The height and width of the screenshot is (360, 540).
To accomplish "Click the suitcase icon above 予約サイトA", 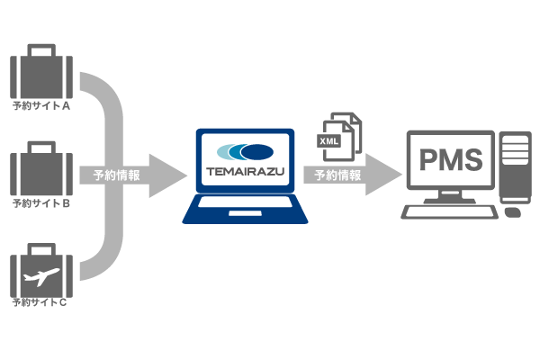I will (40, 76).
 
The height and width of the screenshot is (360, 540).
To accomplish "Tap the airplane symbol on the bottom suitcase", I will (40, 274).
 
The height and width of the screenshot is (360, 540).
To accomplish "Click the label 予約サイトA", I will (40, 105).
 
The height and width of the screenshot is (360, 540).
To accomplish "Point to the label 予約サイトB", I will (40, 203).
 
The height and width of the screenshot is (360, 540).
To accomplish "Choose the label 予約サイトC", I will (40, 302).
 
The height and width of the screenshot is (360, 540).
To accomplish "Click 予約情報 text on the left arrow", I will (116, 175).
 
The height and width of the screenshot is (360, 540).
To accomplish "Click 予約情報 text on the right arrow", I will (337, 175).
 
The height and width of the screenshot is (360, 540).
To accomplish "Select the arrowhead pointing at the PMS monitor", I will (384, 175).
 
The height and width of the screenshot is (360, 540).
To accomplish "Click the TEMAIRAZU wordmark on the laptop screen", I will (245, 169).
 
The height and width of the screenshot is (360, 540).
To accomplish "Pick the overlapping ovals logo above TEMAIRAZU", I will (245, 151).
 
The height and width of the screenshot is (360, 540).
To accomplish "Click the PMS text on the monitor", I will (451, 162).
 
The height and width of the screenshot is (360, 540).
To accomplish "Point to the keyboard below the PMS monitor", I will (449, 212).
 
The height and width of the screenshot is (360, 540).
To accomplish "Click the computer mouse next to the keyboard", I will (512, 213).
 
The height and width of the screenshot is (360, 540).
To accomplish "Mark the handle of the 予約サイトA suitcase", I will (40, 49).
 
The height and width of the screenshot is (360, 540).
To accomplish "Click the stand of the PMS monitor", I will (450, 199).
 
